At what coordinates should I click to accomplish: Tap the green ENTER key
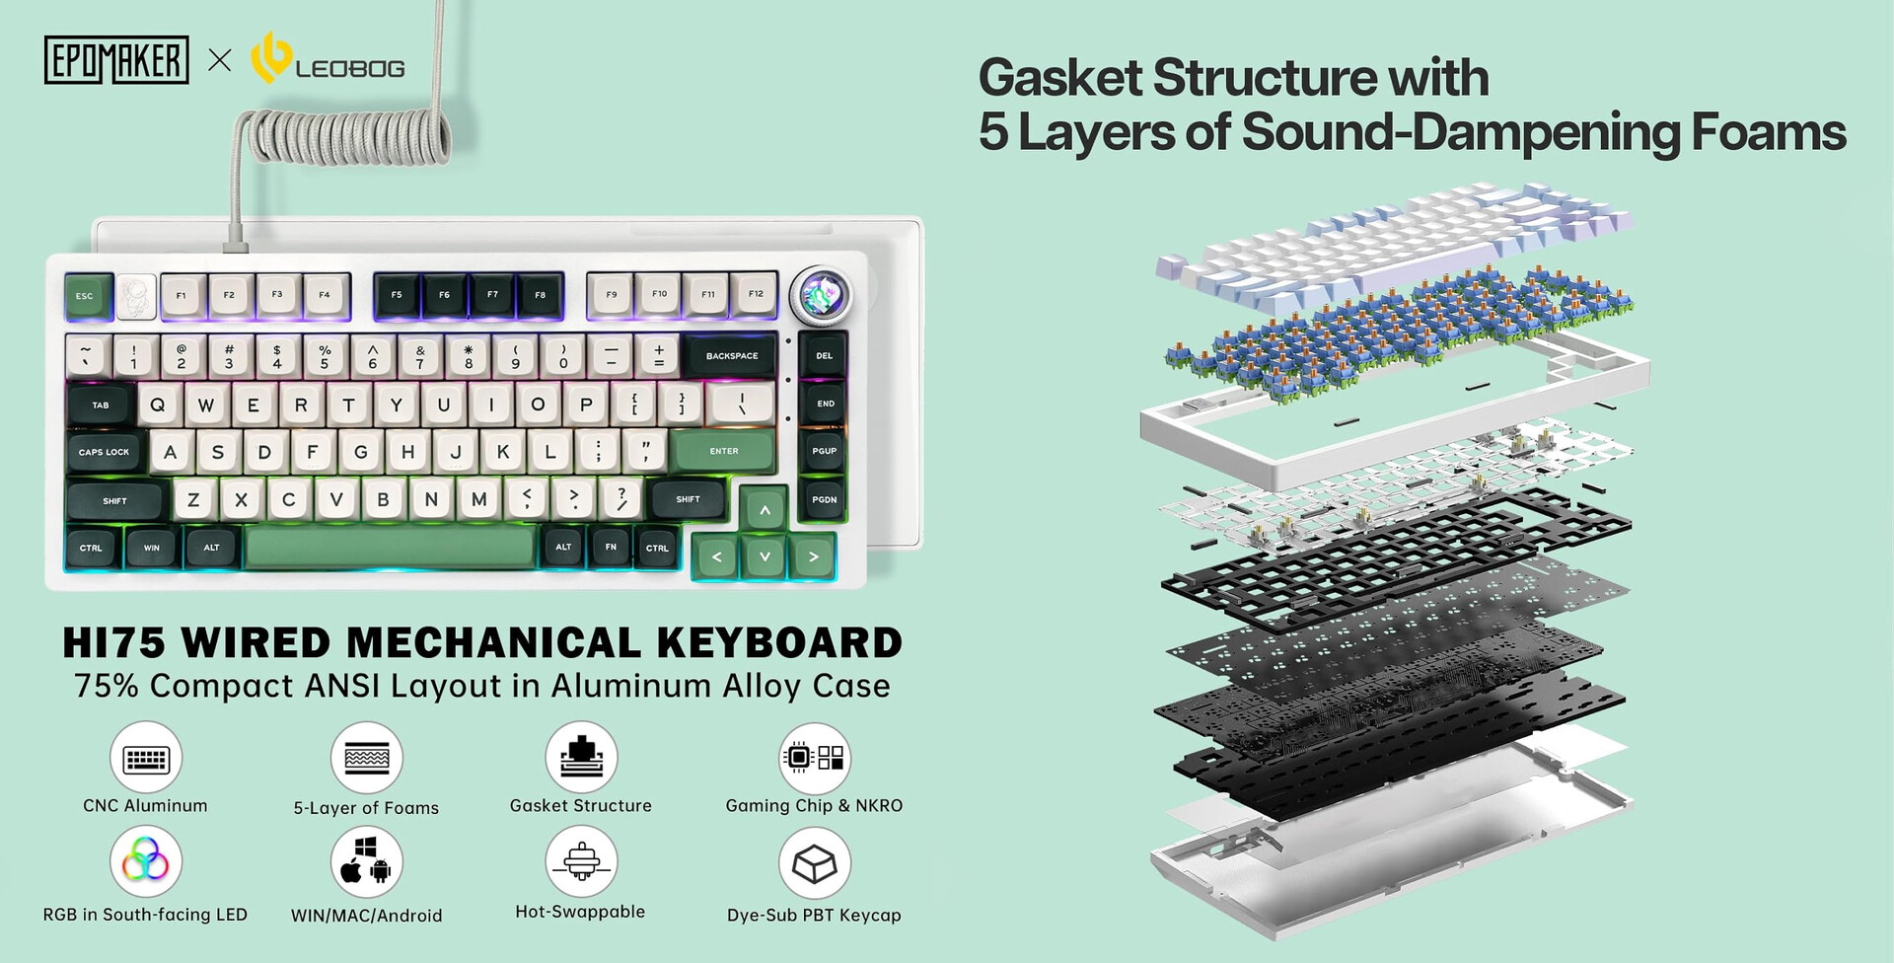[724, 451]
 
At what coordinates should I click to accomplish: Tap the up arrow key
[765, 509]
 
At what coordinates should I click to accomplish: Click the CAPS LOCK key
[105, 452]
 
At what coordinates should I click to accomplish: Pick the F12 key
[756, 294]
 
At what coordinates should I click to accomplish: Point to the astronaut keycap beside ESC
[136, 296]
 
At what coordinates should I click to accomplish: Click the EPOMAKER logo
[116, 60]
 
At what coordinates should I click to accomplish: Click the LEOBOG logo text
[350, 69]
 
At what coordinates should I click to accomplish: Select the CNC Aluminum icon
[146, 757]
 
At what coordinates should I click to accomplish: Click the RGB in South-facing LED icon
[146, 861]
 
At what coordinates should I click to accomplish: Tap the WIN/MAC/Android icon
[367, 861]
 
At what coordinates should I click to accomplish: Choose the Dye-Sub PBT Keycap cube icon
[815, 863]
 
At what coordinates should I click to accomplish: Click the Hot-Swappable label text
[580, 912]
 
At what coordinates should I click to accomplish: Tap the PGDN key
[825, 499]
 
